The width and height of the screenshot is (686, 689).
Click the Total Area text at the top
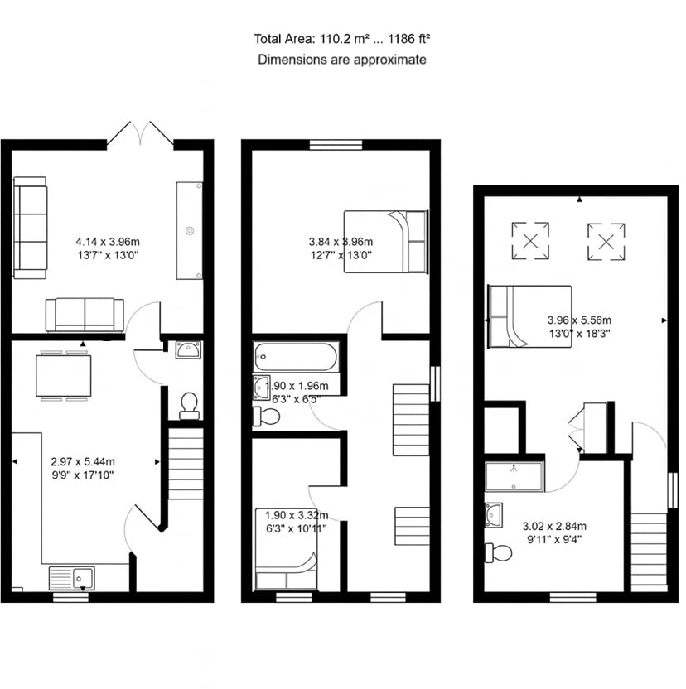coord(341,39)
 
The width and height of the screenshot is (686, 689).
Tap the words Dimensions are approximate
coord(341,60)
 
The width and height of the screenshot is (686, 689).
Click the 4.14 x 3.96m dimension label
coord(108,242)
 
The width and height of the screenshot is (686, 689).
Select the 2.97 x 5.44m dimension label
coord(83,462)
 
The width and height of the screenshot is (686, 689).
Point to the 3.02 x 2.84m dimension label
coord(554,526)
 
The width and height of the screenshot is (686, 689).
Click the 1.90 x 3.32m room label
coord(297,515)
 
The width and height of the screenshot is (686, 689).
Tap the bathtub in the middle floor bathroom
coord(296,357)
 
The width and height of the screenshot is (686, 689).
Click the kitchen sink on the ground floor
coord(71,578)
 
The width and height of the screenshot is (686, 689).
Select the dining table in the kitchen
coord(64,376)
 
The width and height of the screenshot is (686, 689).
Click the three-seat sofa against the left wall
coord(30,228)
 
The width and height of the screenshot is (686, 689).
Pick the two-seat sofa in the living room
coord(85,315)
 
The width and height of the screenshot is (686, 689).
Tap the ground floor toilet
coord(190,406)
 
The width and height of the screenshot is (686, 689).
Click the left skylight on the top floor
coord(530,241)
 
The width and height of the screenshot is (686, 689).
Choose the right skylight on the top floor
coord(606,241)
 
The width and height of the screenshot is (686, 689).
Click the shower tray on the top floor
coord(514,476)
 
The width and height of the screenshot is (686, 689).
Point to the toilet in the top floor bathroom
coord(498,553)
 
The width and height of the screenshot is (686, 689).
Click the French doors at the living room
coord(140,133)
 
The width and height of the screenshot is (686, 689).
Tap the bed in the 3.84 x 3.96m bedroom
coord(385,242)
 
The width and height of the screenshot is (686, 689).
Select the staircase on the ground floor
coord(186,464)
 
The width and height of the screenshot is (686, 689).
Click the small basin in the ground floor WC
coord(189,350)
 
